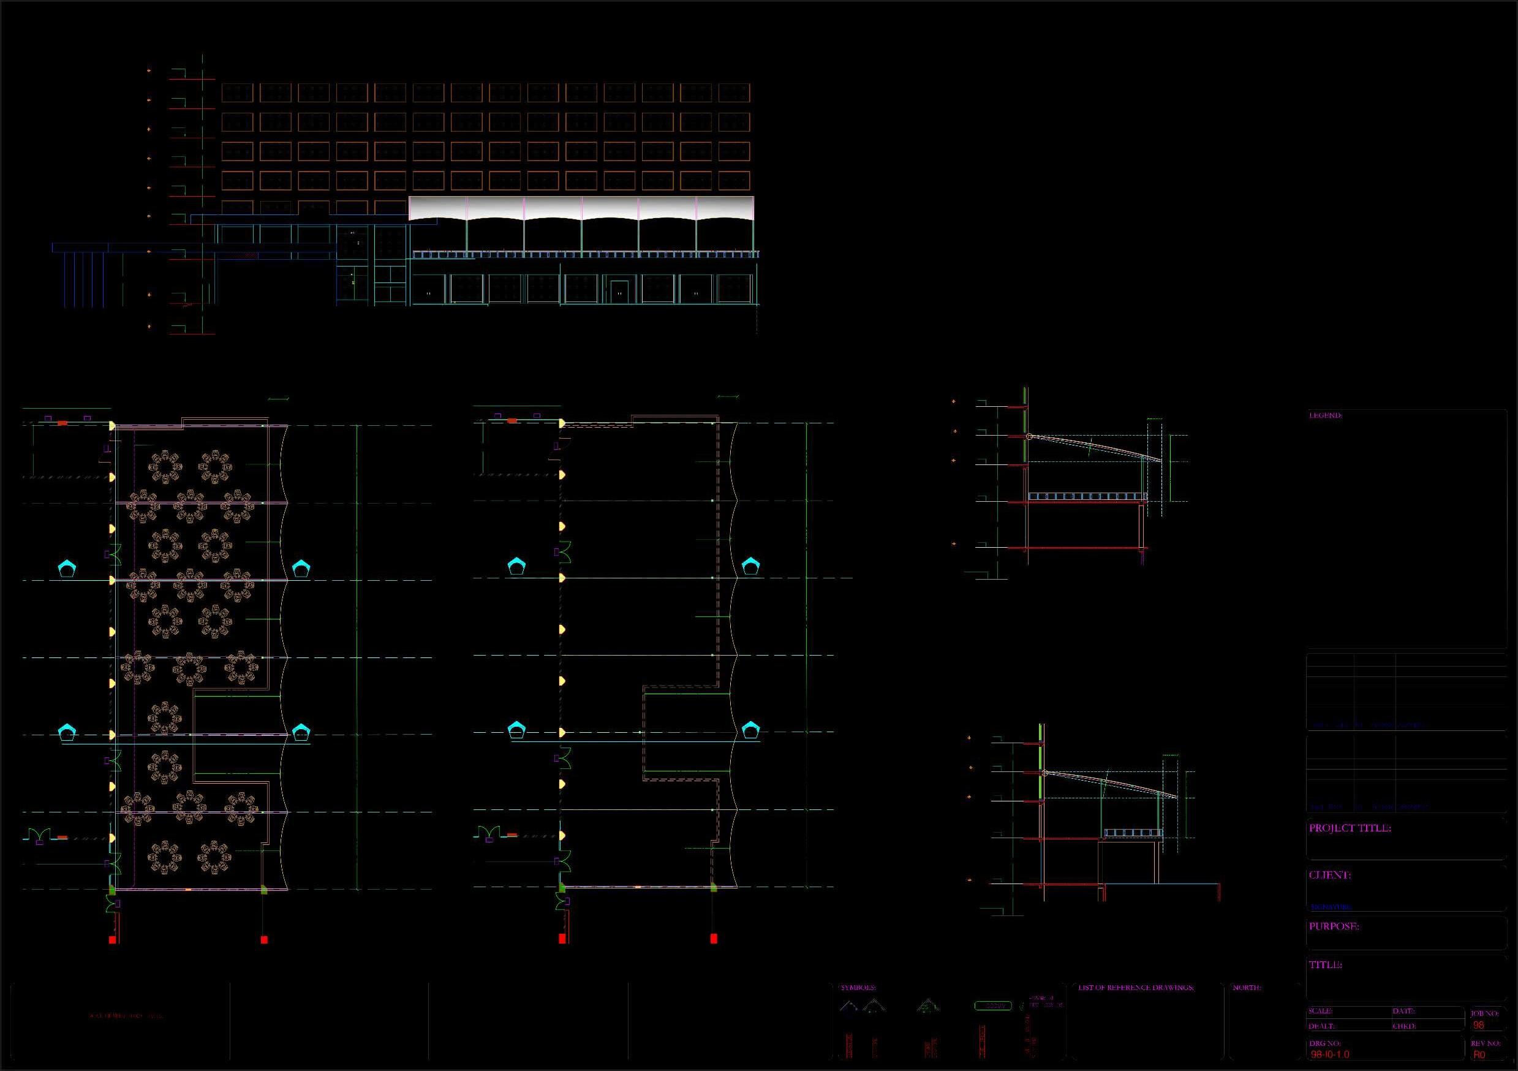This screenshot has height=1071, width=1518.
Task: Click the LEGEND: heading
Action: (x=1325, y=415)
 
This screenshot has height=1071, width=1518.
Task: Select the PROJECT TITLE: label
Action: (x=1350, y=828)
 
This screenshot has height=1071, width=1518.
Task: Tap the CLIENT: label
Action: (x=1329, y=875)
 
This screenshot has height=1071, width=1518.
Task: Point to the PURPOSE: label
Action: (x=1334, y=926)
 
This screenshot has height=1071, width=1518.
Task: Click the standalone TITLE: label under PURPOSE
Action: (x=1325, y=964)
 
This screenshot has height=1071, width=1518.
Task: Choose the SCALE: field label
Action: (x=1320, y=1011)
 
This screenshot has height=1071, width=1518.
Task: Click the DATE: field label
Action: (x=1403, y=1011)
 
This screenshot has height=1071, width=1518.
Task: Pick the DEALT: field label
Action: (x=1321, y=1026)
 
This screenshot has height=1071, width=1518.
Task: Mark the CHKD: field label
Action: (x=1403, y=1026)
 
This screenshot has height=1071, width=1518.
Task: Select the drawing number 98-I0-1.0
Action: (x=1329, y=1054)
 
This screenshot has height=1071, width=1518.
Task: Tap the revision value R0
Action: (x=1479, y=1055)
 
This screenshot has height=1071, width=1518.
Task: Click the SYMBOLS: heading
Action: (x=858, y=988)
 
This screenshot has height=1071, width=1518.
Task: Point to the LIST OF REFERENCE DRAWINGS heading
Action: (x=1136, y=988)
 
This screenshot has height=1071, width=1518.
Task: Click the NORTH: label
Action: (x=1247, y=988)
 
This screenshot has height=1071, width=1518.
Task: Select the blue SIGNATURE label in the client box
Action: (x=1330, y=907)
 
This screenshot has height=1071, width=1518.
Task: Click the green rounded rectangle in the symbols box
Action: (x=992, y=1006)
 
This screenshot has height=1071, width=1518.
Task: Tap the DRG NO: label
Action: (x=1325, y=1043)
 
